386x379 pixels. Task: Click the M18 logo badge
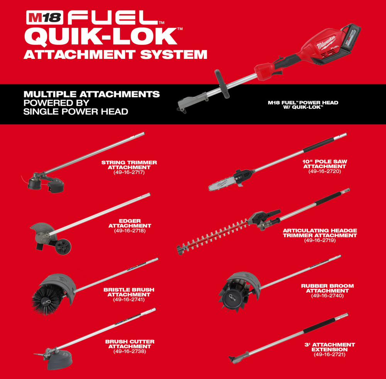45,17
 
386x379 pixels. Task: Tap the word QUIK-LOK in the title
101,37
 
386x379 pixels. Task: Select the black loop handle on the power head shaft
222,84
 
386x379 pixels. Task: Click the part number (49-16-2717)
129,172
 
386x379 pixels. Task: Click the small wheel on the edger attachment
63,246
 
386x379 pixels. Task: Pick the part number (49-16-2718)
130,231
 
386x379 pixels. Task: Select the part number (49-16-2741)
129,300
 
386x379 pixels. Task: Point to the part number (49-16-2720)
325,171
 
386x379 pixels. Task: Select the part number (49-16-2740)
327,296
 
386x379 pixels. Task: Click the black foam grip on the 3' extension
319,325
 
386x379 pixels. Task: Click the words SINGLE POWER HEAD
76,112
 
